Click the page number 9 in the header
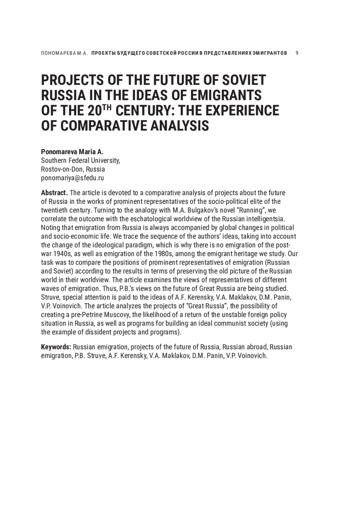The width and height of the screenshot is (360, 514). tap(297, 53)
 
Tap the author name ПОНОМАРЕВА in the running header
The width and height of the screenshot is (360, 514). tap(56, 53)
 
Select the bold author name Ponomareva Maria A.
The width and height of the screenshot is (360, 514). tap(72, 152)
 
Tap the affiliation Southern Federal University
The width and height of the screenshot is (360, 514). tap(80, 160)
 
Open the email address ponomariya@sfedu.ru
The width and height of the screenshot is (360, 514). tap(72, 178)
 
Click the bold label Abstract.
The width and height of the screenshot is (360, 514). tap(54, 193)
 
